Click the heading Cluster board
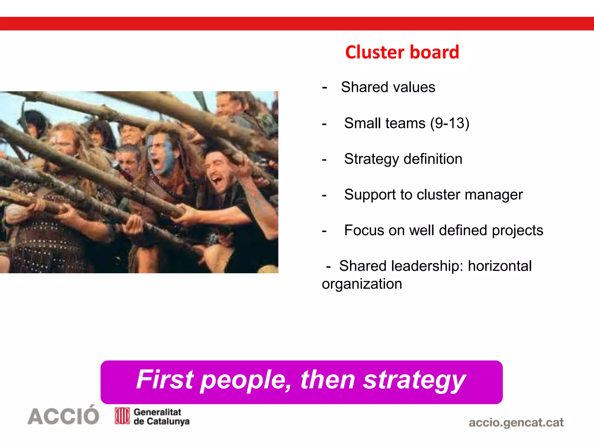(x=402, y=53)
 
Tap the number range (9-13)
(x=450, y=123)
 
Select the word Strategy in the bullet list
(x=372, y=159)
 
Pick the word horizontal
(x=499, y=266)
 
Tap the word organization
(x=362, y=284)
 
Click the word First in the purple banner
(x=165, y=380)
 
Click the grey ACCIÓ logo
(x=64, y=416)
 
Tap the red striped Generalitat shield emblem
(x=122, y=416)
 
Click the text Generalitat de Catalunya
(x=161, y=416)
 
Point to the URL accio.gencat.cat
(x=516, y=422)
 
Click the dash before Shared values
(x=325, y=87)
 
